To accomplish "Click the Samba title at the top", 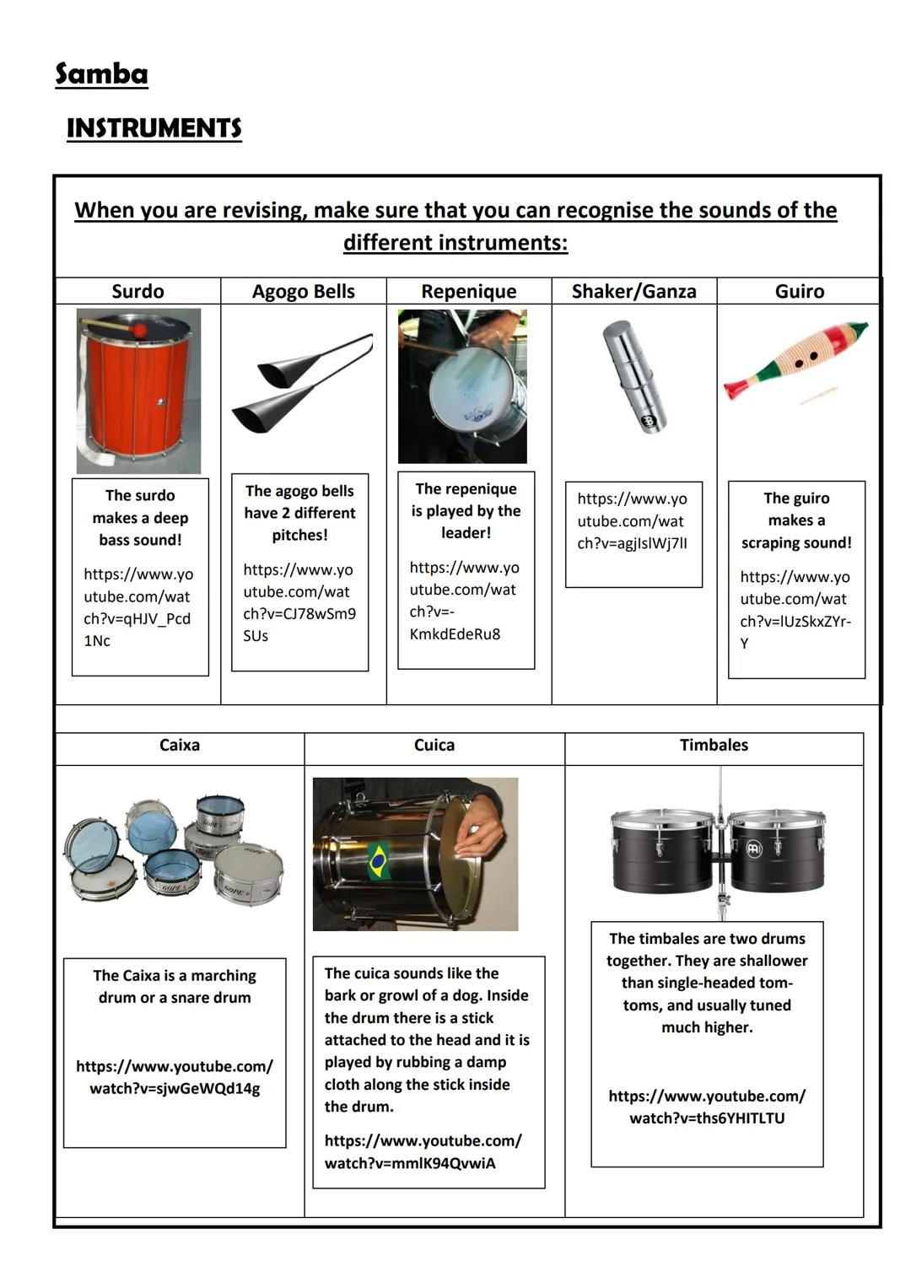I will pos(101,74).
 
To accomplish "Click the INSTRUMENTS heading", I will pos(154,128).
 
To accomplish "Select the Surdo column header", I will pos(137,291).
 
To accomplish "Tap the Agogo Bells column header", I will pos(304,291).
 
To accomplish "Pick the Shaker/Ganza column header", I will pos(633,291).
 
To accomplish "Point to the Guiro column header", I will pos(799,291).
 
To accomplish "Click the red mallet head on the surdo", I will pos(139,330).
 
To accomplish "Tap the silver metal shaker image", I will pos(634,376).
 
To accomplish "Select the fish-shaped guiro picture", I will pos(795,361).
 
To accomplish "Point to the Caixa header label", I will pos(180,745).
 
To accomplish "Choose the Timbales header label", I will pos(714,745).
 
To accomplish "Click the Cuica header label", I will pos(434,745).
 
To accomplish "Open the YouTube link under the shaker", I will pos(632,521).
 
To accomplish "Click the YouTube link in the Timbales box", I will pos(707,1107).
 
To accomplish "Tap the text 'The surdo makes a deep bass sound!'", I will pos(140,517).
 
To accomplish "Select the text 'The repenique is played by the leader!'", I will pos(466,510).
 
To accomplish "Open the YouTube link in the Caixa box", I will pos(175,1077).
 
